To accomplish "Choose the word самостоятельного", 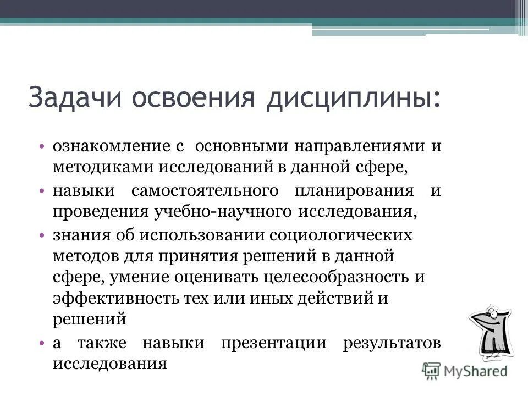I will pos(204,190).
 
